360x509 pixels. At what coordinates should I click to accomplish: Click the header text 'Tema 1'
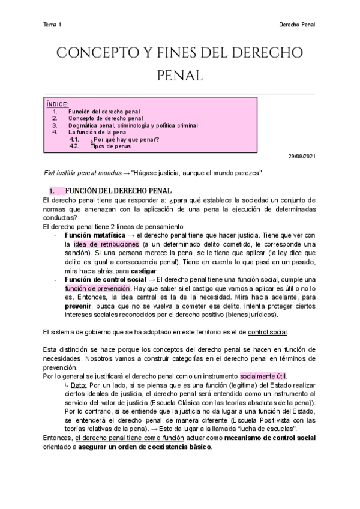pyautogui.click(x=53, y=25)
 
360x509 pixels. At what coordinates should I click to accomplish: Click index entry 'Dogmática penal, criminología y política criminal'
pyautogui.click(x=133, y=126)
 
